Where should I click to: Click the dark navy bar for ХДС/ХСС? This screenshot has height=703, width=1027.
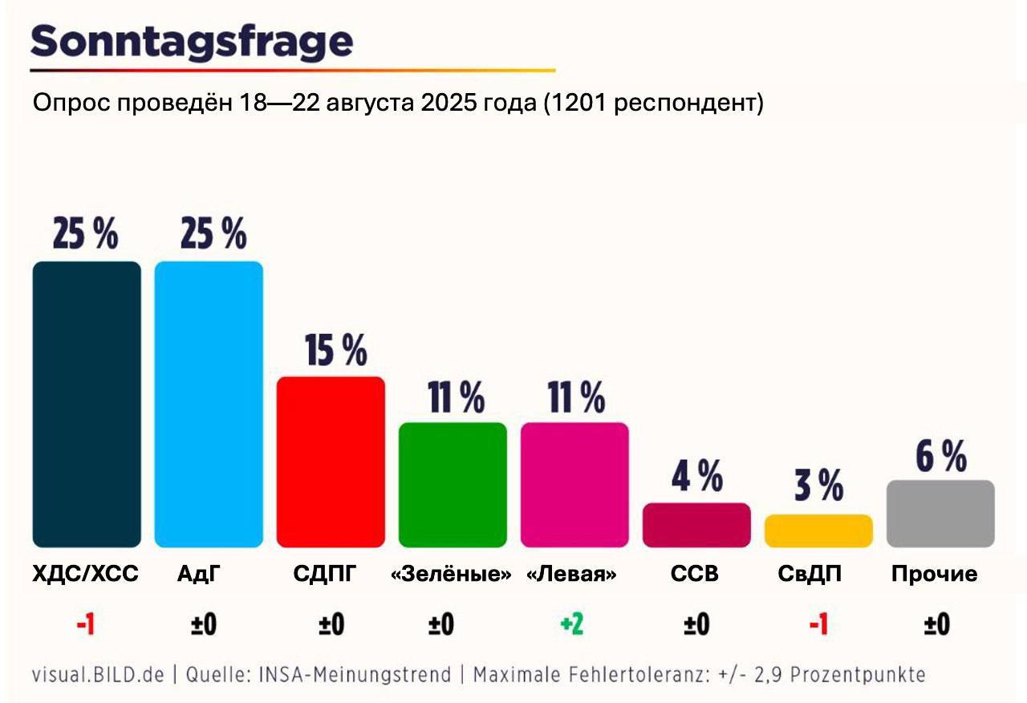[x=87, y=404]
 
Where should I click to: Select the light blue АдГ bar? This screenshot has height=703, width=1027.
[x=209, y=404]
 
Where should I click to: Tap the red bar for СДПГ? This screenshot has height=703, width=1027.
[x=331, y=461]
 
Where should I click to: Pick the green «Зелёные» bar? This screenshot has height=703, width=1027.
[x=453, y=485]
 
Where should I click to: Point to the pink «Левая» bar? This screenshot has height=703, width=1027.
[x=574, y=485]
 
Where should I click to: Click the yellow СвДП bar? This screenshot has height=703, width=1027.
[x=818, y=531]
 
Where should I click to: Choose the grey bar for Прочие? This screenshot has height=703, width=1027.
[x=940, y=514]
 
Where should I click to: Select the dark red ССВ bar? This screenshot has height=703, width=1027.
[x=696, y=525]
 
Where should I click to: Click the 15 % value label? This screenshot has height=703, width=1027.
[x=335, y=351]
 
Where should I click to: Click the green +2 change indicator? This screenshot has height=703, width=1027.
[x=572, y=625]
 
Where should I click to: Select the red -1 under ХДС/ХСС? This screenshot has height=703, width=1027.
[x=85, y=625]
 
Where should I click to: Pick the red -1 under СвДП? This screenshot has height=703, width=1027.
[x=818, y=625]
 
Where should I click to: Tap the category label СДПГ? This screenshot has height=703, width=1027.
[x=323, y=575]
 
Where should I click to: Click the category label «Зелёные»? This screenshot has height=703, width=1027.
[x=451, y=575]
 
